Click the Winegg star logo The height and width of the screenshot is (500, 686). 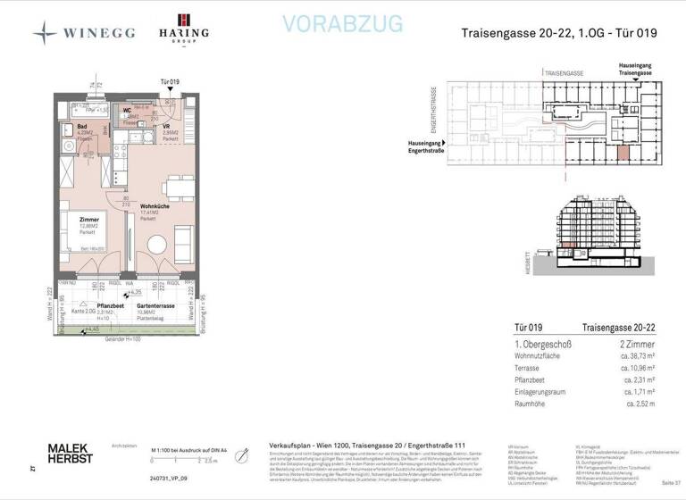(45, 33)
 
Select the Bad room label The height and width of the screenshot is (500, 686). (81, 127)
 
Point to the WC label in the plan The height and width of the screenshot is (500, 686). (128, 111)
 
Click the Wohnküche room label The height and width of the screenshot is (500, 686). (155, 206)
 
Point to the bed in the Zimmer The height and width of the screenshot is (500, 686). (81, 230)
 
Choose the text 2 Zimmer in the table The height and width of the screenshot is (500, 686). (636, 344)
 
